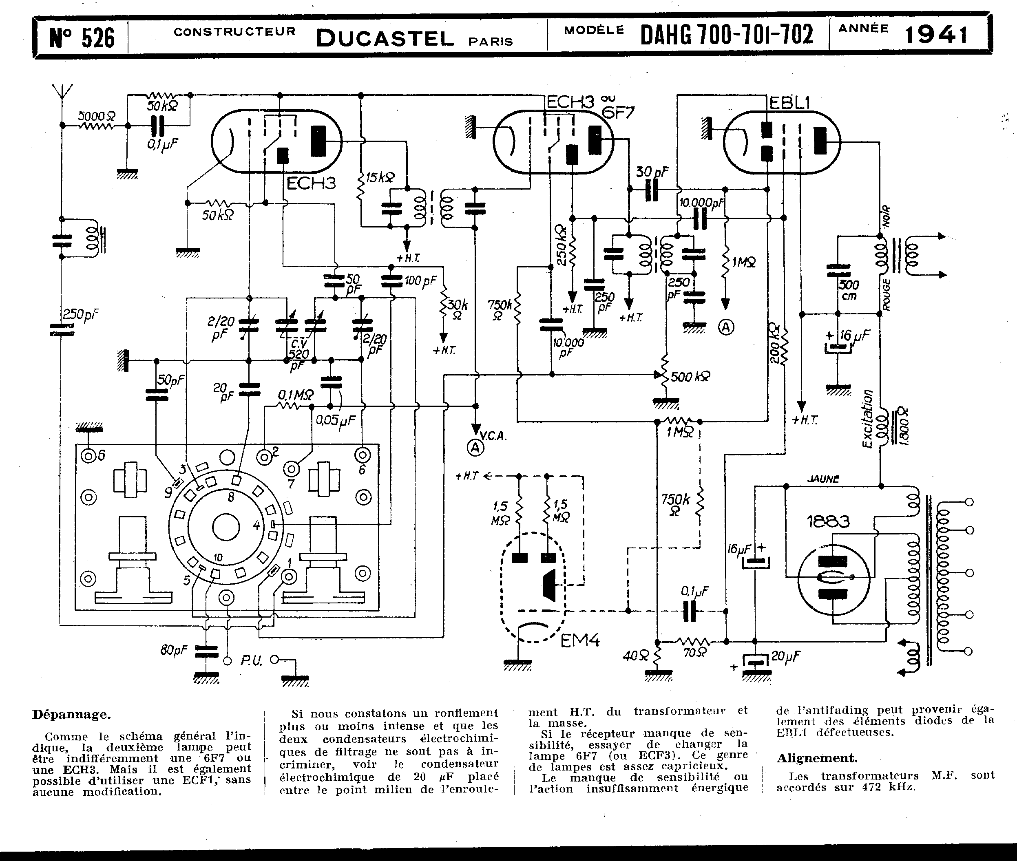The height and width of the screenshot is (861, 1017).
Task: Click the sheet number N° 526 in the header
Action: coord(82,37)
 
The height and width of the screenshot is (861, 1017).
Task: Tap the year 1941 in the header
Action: coord(936,35)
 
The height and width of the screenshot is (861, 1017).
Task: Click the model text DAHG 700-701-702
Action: coord(727,35)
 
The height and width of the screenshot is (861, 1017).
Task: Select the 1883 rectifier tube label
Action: coord(828,522)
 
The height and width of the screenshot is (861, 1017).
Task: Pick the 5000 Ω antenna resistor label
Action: coord(97,116)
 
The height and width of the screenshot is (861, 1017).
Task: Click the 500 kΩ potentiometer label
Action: coord(690,376)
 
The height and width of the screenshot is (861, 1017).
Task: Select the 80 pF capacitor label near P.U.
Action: coord(174,650)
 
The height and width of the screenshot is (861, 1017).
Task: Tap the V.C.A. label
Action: coord(493,436)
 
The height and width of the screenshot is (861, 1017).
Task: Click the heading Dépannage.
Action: coord(71,715)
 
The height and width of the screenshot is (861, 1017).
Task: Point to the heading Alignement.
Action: coord(817,758)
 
